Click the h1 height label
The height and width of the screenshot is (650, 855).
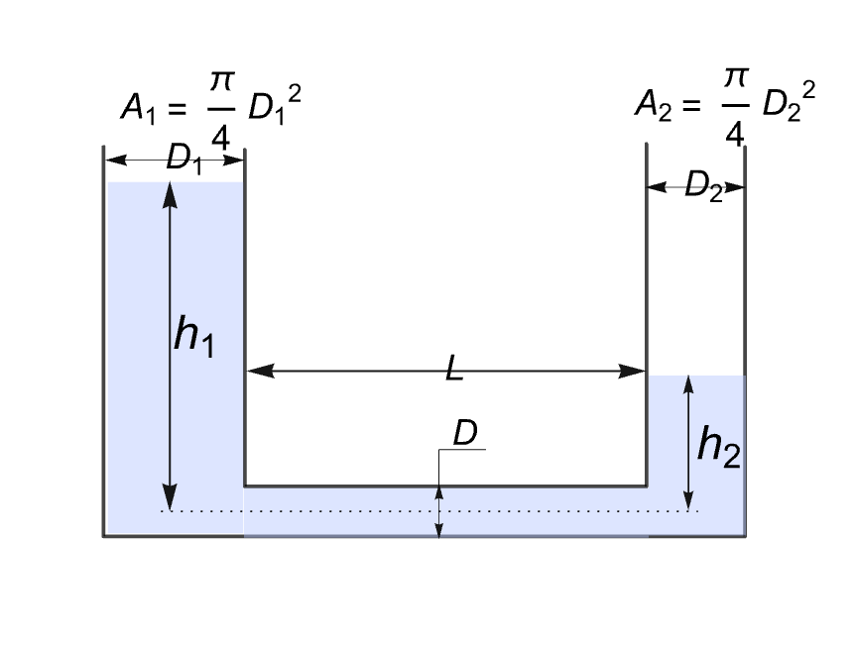194,337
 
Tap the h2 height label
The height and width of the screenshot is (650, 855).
719,447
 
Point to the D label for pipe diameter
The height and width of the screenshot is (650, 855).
465,433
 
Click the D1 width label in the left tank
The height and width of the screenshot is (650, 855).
183,159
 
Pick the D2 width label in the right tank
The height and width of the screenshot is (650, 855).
703,186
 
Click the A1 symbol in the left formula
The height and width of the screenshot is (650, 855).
138,108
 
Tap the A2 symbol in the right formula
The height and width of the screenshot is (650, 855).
653,105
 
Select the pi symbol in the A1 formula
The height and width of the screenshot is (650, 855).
221,81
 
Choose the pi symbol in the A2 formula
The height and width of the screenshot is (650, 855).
735,78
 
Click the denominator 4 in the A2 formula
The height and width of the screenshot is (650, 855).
735,134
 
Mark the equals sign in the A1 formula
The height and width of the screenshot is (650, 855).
178,108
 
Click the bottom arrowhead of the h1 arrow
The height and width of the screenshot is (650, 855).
171,497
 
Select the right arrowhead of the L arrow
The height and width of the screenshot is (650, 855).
632,372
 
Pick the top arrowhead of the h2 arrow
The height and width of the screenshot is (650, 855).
688,384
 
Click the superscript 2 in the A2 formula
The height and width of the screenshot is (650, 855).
808,90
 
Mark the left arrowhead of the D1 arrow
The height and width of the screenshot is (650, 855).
116,161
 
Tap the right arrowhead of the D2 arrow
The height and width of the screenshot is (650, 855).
734,187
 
